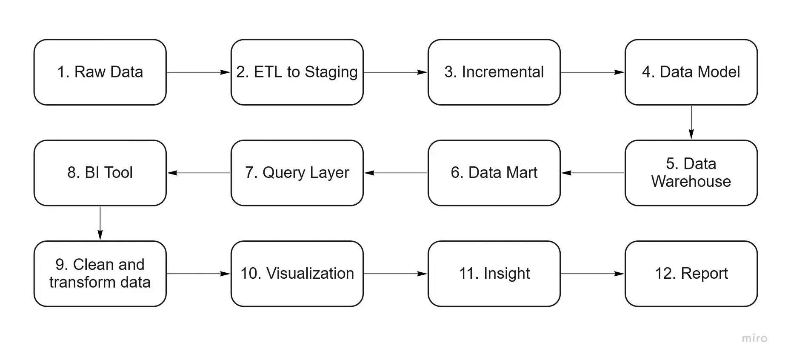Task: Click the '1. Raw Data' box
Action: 100,72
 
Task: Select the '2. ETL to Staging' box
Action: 297,72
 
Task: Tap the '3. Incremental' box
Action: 494,72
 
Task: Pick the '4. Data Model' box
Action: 691,72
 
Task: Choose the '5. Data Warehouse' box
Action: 691,173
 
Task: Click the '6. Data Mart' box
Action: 494,173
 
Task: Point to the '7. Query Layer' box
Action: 297,173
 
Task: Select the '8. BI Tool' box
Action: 100,173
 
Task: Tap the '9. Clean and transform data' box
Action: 100,274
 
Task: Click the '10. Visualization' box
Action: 297,274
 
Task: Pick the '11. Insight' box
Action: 494,274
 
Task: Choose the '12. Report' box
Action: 691,274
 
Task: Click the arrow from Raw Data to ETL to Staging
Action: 199,72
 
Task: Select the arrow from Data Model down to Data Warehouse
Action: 691,123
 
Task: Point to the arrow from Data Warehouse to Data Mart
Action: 593,173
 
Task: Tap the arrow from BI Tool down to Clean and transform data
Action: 100,223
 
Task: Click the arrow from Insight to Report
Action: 593,274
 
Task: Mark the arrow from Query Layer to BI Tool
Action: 199,173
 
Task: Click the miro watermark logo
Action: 754,338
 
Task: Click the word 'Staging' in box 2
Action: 331,72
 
